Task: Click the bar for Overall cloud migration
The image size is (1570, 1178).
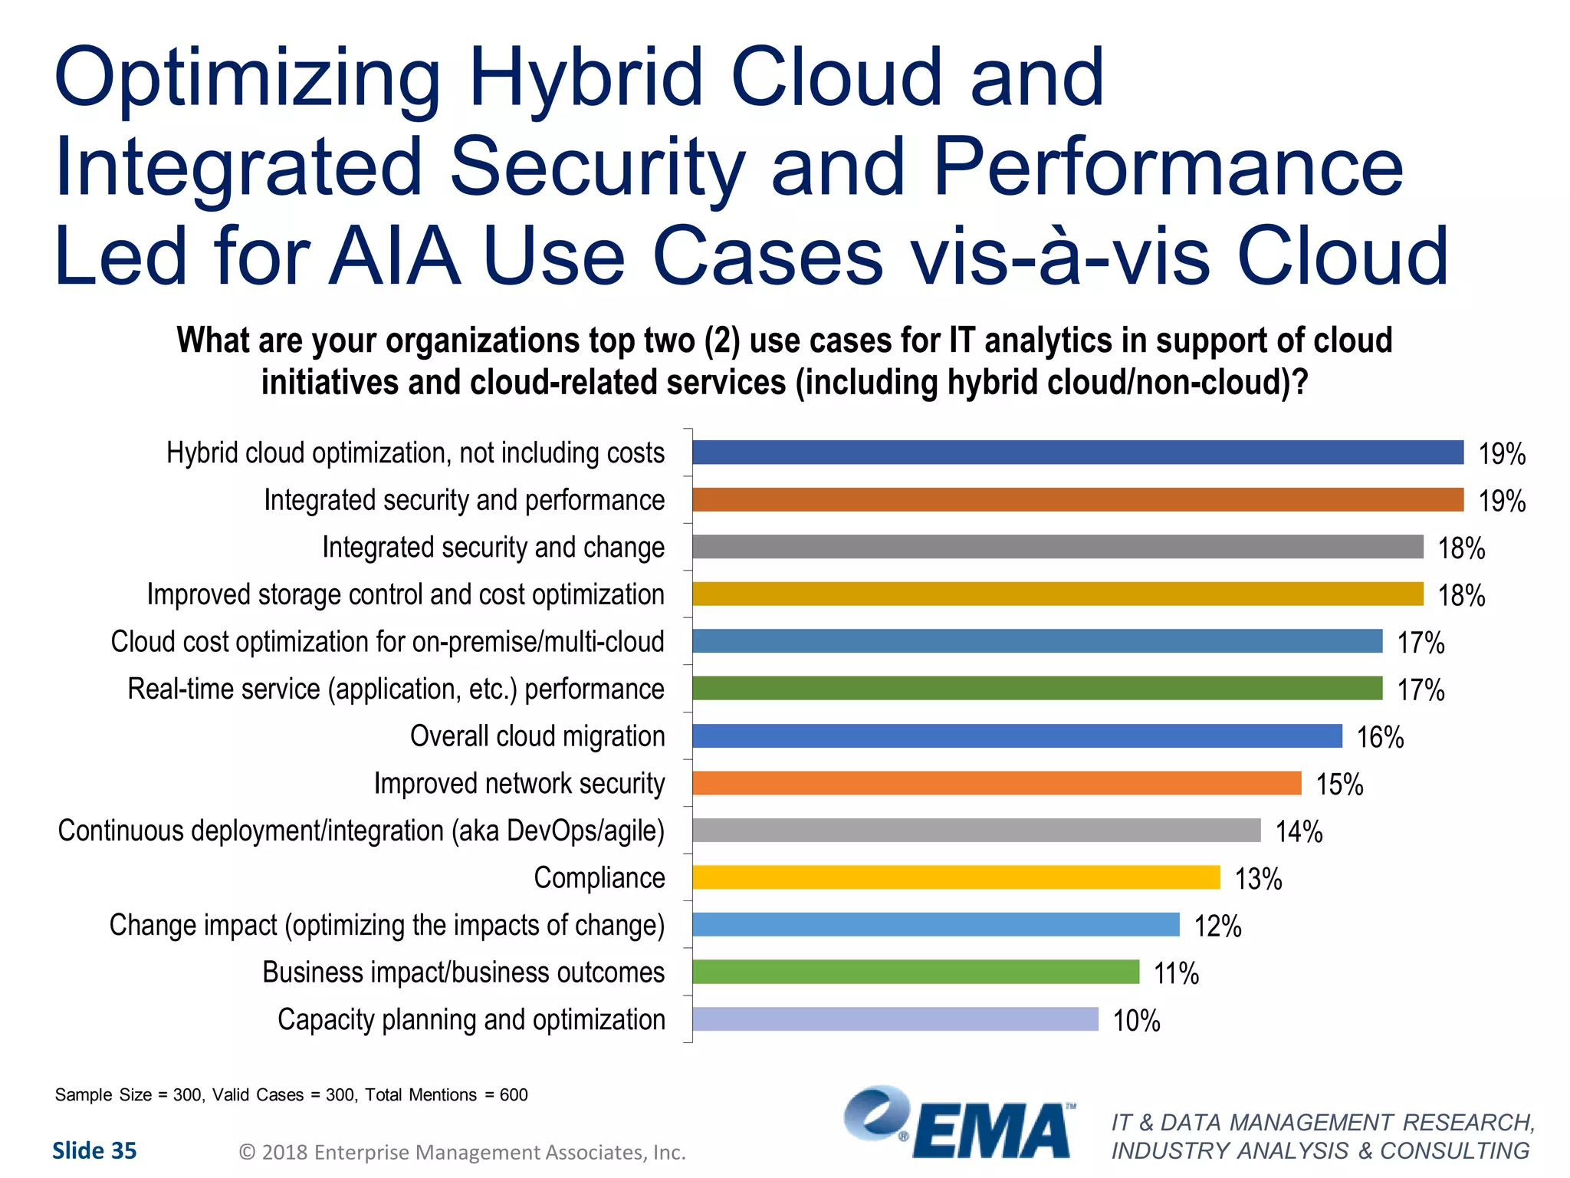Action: [1017, 735]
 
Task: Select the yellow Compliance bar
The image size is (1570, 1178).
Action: [956, 877]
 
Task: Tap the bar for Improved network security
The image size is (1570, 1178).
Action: [997, 783]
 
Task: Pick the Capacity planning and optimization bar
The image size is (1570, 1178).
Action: [895, 1019]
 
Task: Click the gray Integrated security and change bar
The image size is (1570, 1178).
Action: [1057, 547]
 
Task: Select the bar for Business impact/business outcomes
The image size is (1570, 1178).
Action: [915, 972]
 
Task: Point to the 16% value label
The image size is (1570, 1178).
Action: [1380, 737]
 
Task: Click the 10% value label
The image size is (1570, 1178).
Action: [1136, 1021]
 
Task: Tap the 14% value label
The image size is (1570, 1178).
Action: [1299, 831]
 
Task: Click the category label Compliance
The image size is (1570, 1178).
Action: [599, 878]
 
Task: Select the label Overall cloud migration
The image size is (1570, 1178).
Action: [537, 736]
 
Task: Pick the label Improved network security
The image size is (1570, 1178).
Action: [519, 784]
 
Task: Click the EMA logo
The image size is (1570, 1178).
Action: [958, 1123]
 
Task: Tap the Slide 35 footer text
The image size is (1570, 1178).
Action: [94, 1150]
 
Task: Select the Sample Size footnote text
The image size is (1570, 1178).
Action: [291, 1094]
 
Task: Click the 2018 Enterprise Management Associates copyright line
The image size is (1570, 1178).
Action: [462, 1152]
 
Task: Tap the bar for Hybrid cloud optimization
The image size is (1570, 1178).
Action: [1077, 452]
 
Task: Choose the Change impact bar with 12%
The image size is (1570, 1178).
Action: [935, 925]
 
